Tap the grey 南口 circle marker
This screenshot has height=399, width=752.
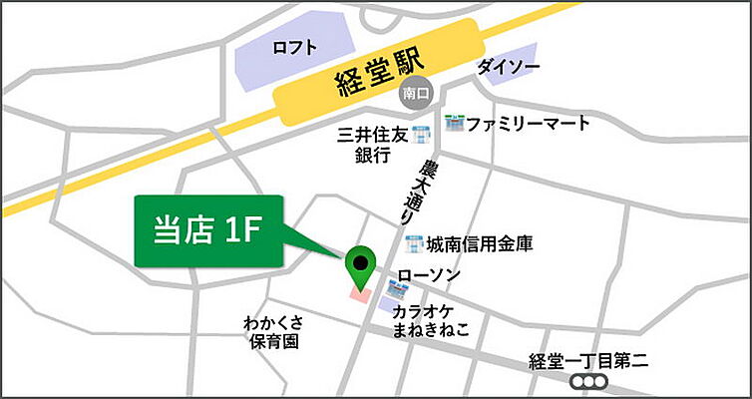click(414, 94)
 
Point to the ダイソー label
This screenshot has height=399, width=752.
click(510, 67)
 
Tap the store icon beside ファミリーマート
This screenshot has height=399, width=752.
click(456, 124)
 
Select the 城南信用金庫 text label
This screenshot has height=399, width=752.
click(479, 242)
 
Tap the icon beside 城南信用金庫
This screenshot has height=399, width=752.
click(414, 242)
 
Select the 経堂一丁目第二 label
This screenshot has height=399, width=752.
click(588, 362)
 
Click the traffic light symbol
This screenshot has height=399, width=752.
click(588, 382)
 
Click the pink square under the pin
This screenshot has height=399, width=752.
click(358, 293)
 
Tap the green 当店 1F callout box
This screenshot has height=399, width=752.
click(208, 231)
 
